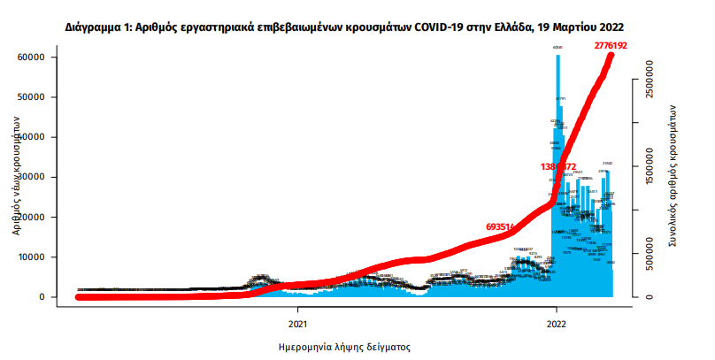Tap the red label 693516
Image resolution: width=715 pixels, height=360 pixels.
point(503,227)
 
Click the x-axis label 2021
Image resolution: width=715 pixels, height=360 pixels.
point(296,312)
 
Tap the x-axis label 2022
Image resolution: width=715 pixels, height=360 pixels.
point(557,312)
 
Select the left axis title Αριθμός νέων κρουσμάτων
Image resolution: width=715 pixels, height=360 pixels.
point(17,178)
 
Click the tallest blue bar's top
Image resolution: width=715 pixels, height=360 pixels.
point(557,57)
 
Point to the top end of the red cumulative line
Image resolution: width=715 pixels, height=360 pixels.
point(611,55)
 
